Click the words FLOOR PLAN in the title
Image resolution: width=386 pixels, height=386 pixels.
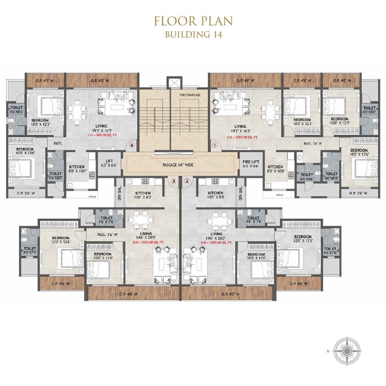click(193, 21)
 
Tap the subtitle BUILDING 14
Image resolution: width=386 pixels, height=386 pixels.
click(193, 34)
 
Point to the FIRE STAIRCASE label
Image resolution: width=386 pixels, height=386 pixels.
click(190, 95)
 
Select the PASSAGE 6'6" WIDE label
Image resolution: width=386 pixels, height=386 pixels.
click(179, 165)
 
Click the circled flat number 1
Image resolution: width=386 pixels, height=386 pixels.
click(214, 144)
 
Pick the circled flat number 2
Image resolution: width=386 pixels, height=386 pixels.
click(187, 181)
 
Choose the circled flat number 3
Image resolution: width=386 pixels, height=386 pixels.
click(173, 181)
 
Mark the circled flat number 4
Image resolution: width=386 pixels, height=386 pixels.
click(131, 144)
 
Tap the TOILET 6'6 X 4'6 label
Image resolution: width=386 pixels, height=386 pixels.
click(305, 176)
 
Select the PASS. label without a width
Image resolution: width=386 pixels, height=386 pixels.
click(58, 143)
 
